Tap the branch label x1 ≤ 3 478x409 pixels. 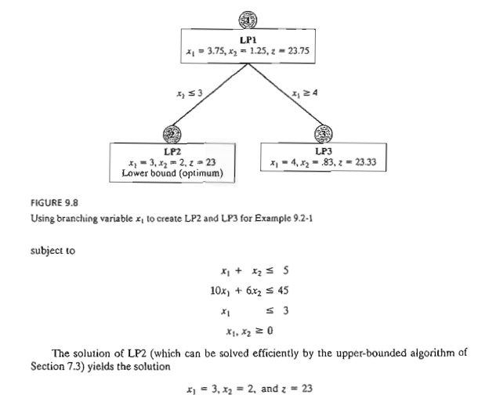pos(190,94)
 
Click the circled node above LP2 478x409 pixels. pos(172,134)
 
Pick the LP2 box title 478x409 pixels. pos(172,150)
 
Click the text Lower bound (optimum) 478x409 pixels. pos(172,172)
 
